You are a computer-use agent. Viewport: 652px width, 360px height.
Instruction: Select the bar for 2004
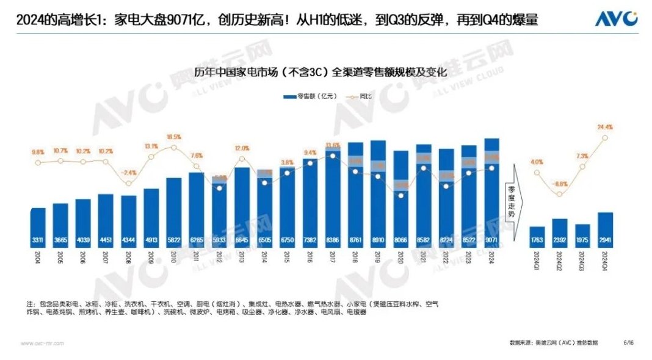(38, 226)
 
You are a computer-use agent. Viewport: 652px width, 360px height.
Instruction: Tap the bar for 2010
(174, 211)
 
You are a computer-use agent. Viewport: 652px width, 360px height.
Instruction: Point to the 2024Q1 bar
(537, 236)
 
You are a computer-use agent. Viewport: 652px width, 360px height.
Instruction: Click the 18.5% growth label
(174, 137)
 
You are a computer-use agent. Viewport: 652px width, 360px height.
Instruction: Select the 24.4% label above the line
(605, 127)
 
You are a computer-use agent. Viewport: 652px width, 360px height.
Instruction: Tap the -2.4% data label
(129, 173)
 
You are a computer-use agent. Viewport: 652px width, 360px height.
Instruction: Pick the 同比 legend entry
(347, 96)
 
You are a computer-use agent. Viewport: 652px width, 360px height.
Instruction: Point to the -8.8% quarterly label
(560, 183)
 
